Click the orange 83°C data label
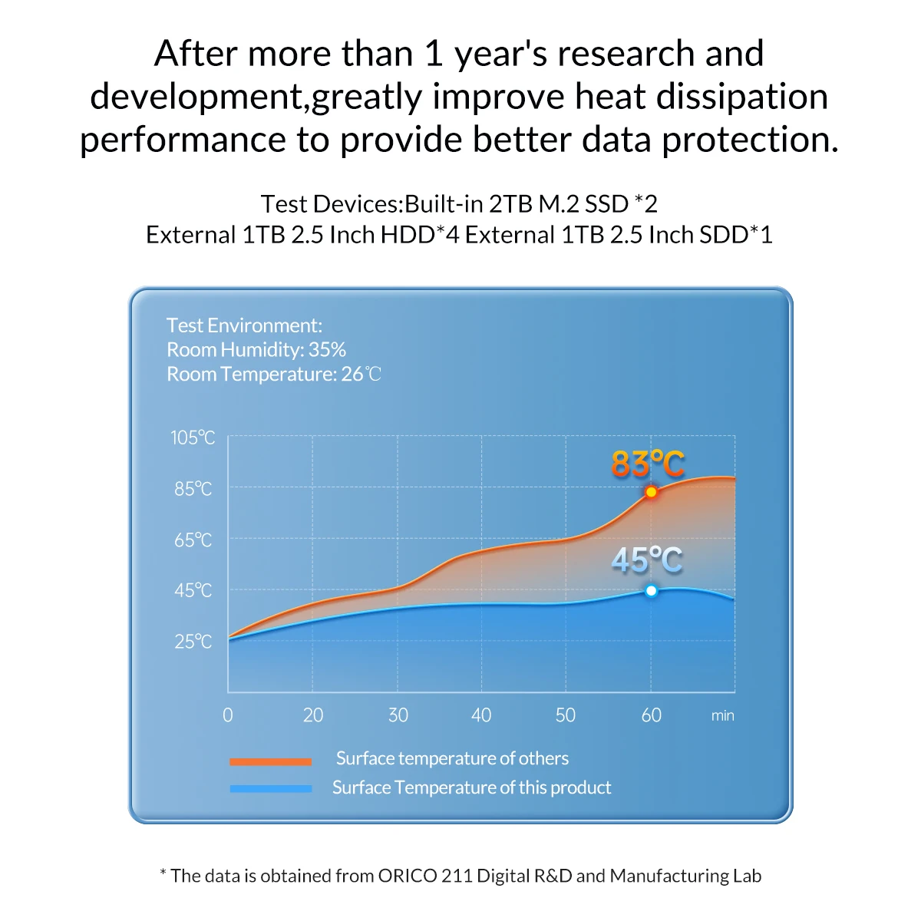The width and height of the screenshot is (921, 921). click(647, 464)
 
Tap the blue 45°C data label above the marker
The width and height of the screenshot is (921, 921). click(646, 560)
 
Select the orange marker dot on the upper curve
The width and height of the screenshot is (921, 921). click(651, 492)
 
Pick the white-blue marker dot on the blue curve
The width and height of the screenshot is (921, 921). click(651, 590)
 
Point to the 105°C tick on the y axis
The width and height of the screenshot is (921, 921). click(193, 437)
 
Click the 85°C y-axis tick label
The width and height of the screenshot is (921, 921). click(193, 489)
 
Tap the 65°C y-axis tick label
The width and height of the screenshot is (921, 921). click(193, 540)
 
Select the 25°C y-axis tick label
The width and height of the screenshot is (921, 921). click(193, 642)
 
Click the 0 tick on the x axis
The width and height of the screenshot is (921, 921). click(228, 715)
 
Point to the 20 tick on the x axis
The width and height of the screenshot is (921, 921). click(313, 715)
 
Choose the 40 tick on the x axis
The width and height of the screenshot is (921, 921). click(481, 715)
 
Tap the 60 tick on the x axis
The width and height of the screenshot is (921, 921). click(651, 715)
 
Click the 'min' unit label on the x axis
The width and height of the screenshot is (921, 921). click(722, 715)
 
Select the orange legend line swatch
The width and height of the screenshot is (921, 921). click(270, 761)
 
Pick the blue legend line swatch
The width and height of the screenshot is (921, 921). click(270, 788)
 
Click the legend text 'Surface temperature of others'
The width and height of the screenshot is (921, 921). click(452, 758)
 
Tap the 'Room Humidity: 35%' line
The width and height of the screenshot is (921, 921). click(256, 350)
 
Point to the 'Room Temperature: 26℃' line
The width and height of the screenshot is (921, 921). click(273, 375)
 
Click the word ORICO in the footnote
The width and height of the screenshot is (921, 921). click(408, 876)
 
